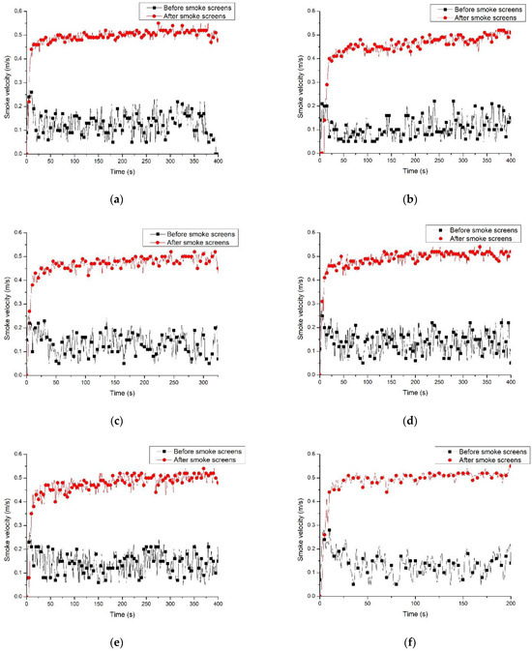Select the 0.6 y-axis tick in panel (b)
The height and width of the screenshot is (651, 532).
tap(311, 11)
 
